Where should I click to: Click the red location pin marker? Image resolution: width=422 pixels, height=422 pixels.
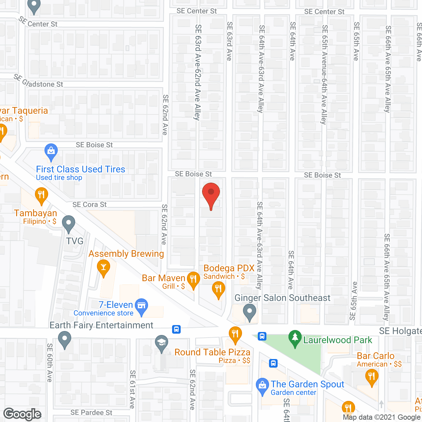click(x=211, y=195)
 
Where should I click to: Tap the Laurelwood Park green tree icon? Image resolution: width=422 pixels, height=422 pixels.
click(x=295, y=338)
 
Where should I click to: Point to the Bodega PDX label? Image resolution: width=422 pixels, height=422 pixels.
click(x=229, y=268)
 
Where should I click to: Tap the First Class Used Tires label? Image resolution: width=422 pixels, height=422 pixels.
click(x=80, y=169)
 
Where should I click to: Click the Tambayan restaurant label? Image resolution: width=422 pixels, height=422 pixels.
click(x=36, y=213)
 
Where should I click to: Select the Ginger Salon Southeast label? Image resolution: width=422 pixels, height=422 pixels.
click(x=282, y=298)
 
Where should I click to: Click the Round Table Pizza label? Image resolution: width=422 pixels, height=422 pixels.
click(x=212, y=352)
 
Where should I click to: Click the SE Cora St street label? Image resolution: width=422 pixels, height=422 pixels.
click(x=89, y=205)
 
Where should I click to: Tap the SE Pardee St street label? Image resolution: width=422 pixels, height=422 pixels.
click(x=91, y=413)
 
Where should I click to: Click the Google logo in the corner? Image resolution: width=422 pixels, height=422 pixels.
click(x=22, y=414)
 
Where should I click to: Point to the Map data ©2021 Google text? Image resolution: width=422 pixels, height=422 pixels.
click(x=382, y=417)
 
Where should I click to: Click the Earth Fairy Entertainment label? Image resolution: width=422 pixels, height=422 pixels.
click(x=101, y=325)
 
